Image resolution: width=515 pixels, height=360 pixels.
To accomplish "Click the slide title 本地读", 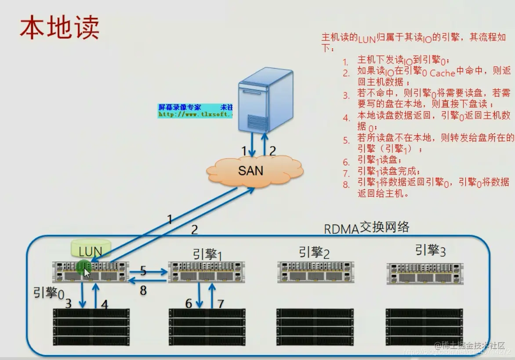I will point(59,27).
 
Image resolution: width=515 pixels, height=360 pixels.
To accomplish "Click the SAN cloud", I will point(251,170).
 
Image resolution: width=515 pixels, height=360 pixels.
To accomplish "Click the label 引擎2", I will point(314,252).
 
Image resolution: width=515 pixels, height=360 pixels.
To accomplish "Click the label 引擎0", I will point(49,293).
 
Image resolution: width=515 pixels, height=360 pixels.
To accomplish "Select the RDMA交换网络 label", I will point(366,228).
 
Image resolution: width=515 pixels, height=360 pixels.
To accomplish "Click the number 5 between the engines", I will point(143,271).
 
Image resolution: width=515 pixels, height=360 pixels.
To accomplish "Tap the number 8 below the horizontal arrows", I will point(143,290).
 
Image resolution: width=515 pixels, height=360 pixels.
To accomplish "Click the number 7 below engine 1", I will point(221,303).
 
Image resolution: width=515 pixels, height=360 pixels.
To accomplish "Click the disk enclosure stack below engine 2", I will point(315,327).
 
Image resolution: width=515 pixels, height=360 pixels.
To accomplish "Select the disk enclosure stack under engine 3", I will point(424,327).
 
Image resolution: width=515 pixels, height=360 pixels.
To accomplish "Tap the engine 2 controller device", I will point(315,272).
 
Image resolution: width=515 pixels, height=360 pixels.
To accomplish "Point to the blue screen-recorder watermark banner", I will point(195,110).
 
